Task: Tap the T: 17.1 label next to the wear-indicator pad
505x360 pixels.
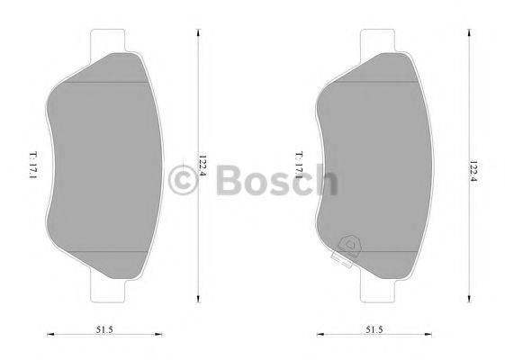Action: pos(296,166)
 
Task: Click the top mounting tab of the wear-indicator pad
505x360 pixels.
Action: pos(376,41)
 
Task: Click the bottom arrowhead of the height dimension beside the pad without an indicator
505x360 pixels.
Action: pos(200,301)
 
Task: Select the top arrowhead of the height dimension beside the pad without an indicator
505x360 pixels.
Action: pos(200,32)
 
